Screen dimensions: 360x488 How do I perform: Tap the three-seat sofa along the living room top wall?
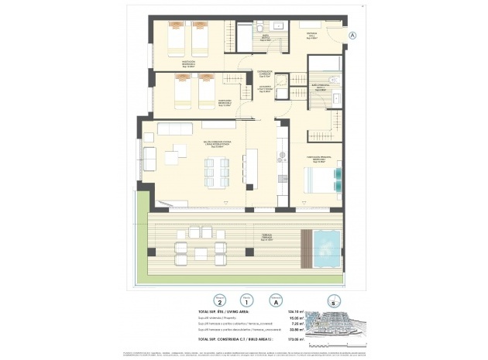pyautogui.click(x=174, y=129)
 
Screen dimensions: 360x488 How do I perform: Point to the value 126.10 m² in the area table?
pyautogui.click(x=274, y=310)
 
